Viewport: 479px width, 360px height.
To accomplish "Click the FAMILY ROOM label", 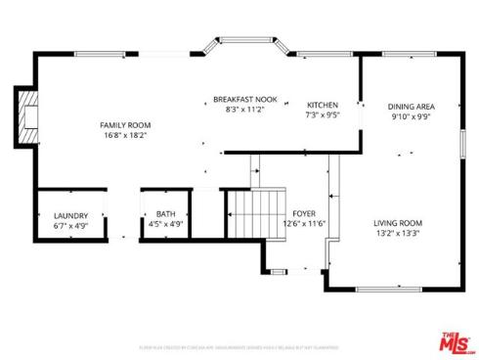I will click(x=125, y=125).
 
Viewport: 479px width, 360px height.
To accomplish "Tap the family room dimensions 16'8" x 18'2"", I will click(x=125, y=136).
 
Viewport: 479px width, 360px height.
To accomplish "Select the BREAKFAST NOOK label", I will click(x=245, y=100).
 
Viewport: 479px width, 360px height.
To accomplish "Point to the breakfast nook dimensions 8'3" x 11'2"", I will click(x=245, y=111).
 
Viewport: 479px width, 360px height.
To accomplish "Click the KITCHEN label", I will click(x=323, y=105).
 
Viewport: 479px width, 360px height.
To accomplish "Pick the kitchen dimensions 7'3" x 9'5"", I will click(x=323, y=115).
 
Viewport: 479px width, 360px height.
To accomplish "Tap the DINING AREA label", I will click(x=411, y=106).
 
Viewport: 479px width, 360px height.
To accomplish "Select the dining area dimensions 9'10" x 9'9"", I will click(x=411, y=116).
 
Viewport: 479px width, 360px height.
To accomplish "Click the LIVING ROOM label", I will click(x=398, y=223).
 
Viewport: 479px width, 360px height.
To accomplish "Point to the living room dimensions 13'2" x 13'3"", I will click(x=398, y=234).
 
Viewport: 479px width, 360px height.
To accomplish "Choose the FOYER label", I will click(x=304, y=213).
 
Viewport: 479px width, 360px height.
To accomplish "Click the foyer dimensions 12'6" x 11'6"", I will click(x=304, y=224).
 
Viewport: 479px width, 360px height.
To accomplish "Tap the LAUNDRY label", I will click(x=70, y=215).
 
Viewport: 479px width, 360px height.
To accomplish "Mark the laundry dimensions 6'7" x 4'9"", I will click(x=70, y=225).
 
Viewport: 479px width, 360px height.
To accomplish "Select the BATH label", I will click(x=165, y=215).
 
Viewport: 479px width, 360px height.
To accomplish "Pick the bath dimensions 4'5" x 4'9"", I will click(x=165, y=225).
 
